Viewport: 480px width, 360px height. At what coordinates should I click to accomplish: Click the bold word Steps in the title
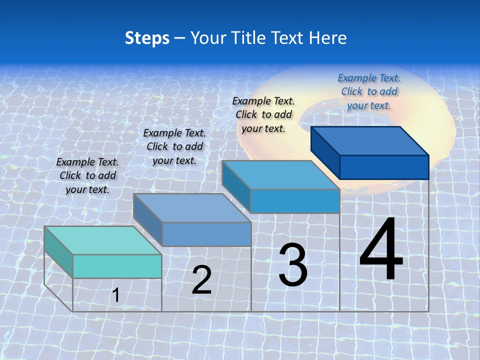[x=147, y=38]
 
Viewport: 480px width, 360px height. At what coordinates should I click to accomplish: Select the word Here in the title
[x=327, y=38]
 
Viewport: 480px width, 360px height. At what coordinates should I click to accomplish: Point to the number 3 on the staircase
[x=293, y=265]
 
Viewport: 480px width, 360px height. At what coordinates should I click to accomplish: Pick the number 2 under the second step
[x=201, y=280]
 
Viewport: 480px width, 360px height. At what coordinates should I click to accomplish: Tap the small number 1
[x=116, y=295]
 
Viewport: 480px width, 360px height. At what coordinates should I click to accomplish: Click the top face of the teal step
[x=102, y=240]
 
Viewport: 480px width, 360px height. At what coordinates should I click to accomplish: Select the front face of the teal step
[x=117, y=266]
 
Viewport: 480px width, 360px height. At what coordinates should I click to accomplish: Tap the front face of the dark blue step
[x=384, y=167]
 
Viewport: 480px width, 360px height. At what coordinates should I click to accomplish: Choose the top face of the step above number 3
[x=280, y=175]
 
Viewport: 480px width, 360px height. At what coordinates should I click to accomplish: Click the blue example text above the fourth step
[x=369, y=91]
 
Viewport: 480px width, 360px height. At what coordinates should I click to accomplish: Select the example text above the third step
[x=263, y=114]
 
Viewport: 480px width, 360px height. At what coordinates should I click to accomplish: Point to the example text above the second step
[x=174, y=146]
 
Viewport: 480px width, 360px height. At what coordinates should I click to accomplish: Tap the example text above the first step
[x=87, y=175]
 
